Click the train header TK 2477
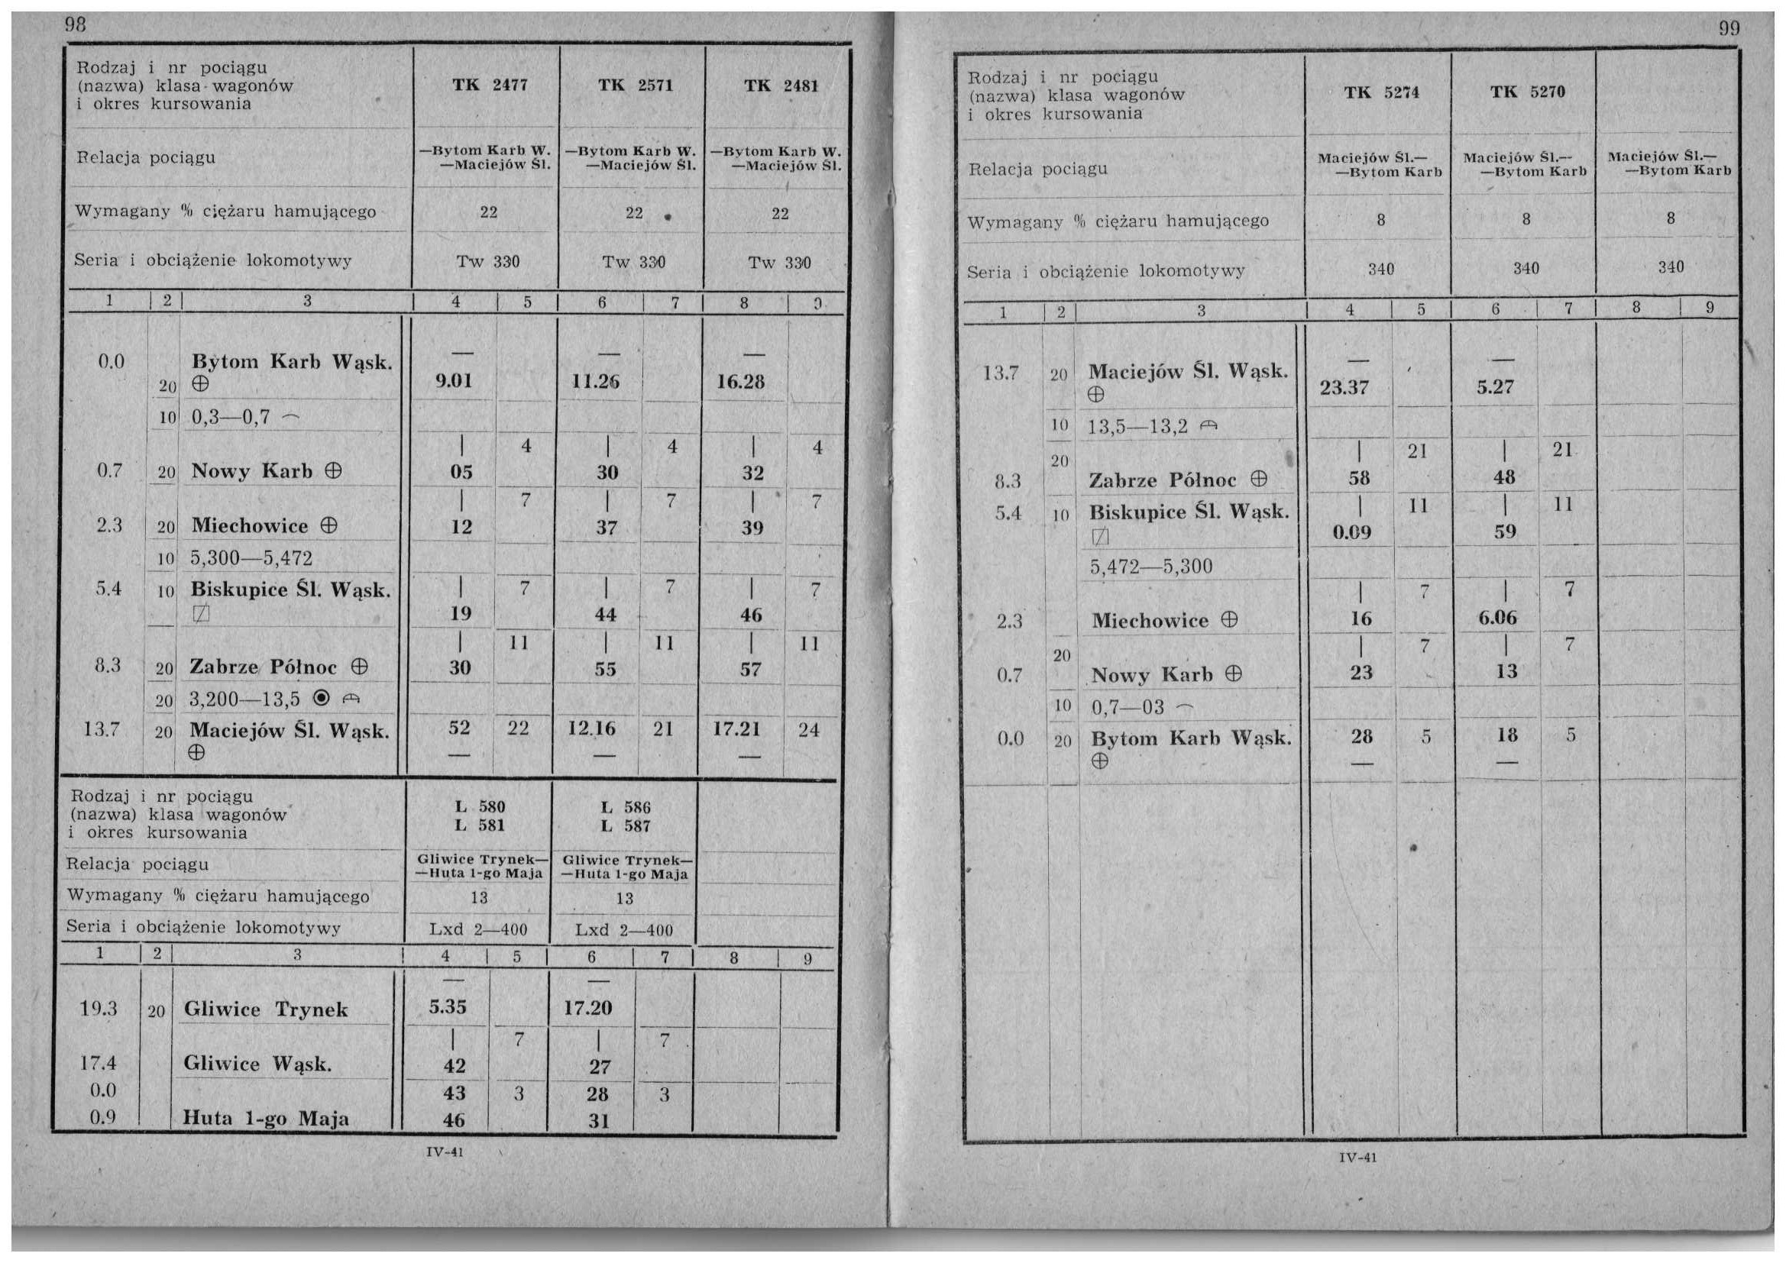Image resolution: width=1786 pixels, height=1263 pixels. click(x=490, y=85)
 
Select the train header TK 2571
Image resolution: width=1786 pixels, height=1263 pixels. click(x=635, y=85)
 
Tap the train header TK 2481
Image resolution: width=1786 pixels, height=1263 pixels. click(x=780, y=86)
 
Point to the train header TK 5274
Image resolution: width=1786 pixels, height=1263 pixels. click(x=1380, y=92)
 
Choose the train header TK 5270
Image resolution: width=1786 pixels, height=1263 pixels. click(x=1527, y=92)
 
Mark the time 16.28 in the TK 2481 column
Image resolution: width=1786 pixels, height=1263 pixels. click(x=741, y=382)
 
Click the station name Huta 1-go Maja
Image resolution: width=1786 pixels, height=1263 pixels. click(x=266, y=1119)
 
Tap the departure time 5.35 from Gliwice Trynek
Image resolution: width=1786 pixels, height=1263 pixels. click(x=448, y=1007)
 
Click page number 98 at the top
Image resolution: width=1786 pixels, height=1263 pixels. click(x=75, y=24)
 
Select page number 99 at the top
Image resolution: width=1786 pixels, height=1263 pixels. click(x=1729, y=30)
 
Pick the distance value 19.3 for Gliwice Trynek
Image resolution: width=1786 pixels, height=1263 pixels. click(x=98, y=1009)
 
